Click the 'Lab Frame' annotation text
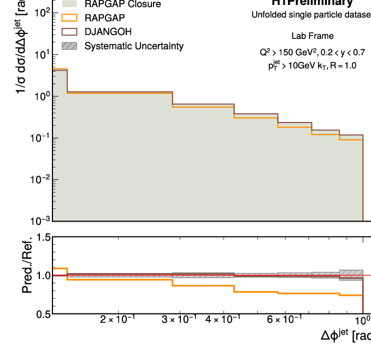point(313,36)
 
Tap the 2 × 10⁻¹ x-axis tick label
point(118,320)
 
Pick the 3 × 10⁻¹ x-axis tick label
point(180,320)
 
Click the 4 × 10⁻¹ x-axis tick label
point(223,320)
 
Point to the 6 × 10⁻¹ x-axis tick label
point(284,320)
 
